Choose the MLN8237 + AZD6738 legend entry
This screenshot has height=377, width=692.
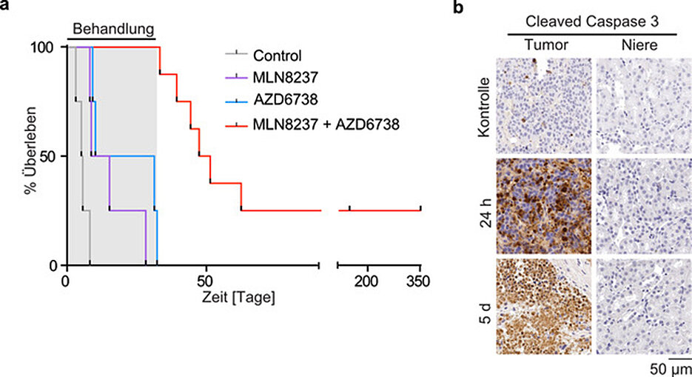[x=325, y=125]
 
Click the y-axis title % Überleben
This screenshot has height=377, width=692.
[x=30, y=157]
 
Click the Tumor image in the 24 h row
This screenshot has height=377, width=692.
[x=546, y=205]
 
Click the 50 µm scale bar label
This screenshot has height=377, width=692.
[x=671, y=368]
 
